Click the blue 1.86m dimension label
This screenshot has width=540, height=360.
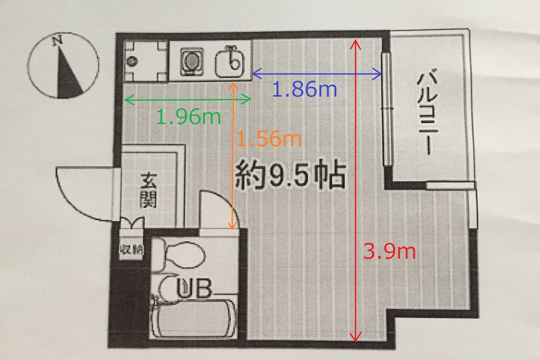[305, 90]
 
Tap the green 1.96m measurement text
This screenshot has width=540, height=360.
[189, 117]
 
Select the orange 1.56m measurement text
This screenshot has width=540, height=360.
[269, 139]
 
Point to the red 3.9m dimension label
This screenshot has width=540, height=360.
[390, 252]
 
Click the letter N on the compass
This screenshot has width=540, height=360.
[58, 40]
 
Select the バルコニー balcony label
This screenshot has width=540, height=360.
[427, 112]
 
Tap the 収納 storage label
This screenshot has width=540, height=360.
[131, 250]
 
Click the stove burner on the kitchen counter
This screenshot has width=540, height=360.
[192, 62]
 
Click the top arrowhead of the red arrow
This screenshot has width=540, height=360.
[355, 44]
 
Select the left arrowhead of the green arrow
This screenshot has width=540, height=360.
[129, 99]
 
